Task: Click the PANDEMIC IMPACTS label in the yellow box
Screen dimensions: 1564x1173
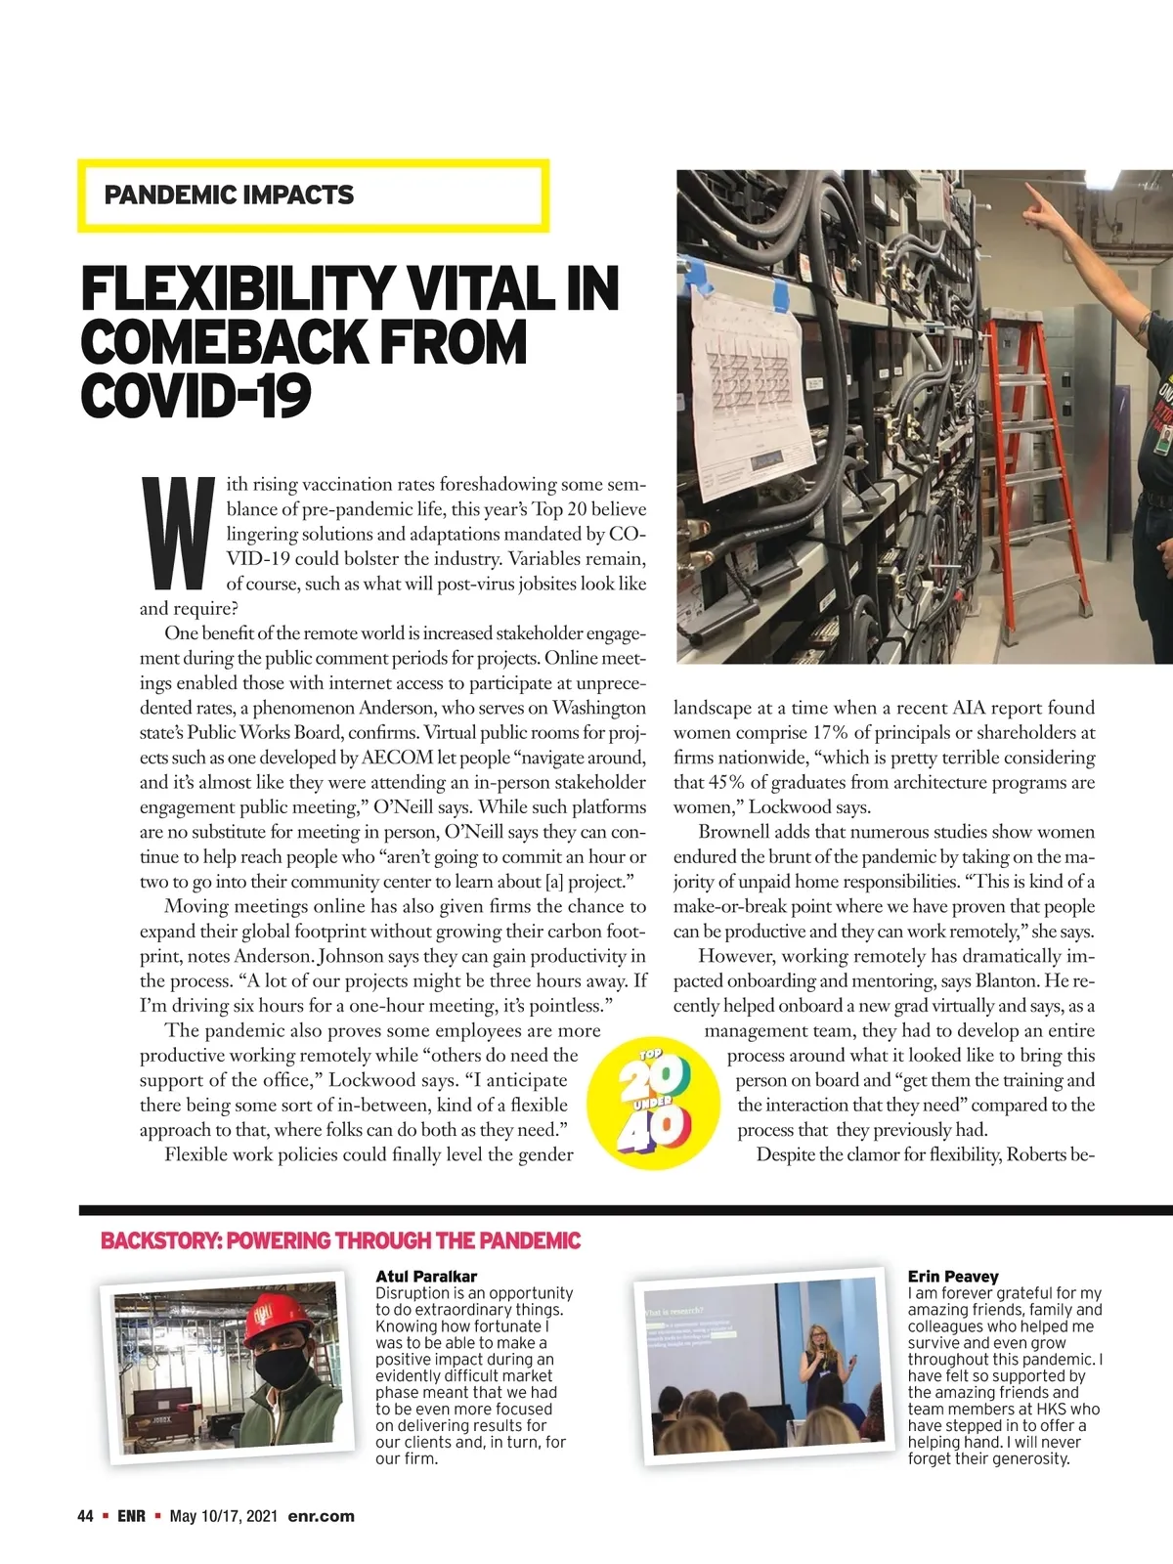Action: coord(229,195)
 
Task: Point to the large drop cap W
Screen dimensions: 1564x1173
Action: coord(178,533)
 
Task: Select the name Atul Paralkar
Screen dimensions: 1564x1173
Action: coord(426,1276)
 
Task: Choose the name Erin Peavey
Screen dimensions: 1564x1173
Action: coord(952,1276)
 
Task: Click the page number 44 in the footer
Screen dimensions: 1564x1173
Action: coord(85,1516)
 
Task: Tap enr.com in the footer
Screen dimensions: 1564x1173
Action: coord(321,1516)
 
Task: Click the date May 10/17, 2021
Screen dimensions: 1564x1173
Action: coord(223,1516)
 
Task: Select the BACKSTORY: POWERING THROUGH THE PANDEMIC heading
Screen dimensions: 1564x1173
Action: coord(340,1240)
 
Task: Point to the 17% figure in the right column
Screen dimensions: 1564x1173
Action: coord(829,733)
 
